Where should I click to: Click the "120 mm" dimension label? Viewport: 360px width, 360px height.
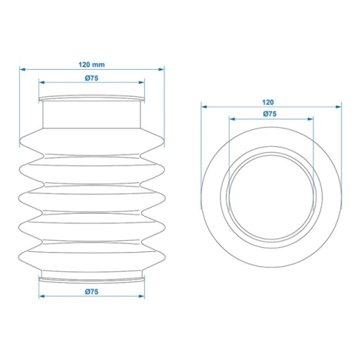pyautogui.click(x=92, y=64)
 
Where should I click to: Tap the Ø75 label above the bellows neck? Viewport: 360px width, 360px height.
pyautogui.click(x=92, y=78)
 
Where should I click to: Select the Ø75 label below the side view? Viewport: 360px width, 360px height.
pyautogui.click(x=92, y=292)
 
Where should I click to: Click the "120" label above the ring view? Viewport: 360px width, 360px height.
pyautogui.click(x=268, y=102)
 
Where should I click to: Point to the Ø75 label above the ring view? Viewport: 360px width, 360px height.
pyautogui.click(x=270, y=114)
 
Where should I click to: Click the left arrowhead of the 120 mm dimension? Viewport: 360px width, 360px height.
pyautogui.click(x=23, y=69)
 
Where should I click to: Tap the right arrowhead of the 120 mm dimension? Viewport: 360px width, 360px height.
pyautogui.click(x=162, y=69)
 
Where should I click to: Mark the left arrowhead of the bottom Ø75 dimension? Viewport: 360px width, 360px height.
pyautogui.click(x=42, y=296)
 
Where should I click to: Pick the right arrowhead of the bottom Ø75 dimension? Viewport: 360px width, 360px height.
pyautogui.click(x=141, y=296)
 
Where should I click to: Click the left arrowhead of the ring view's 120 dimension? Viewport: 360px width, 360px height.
pyautogui.click(x=204, y=107)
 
